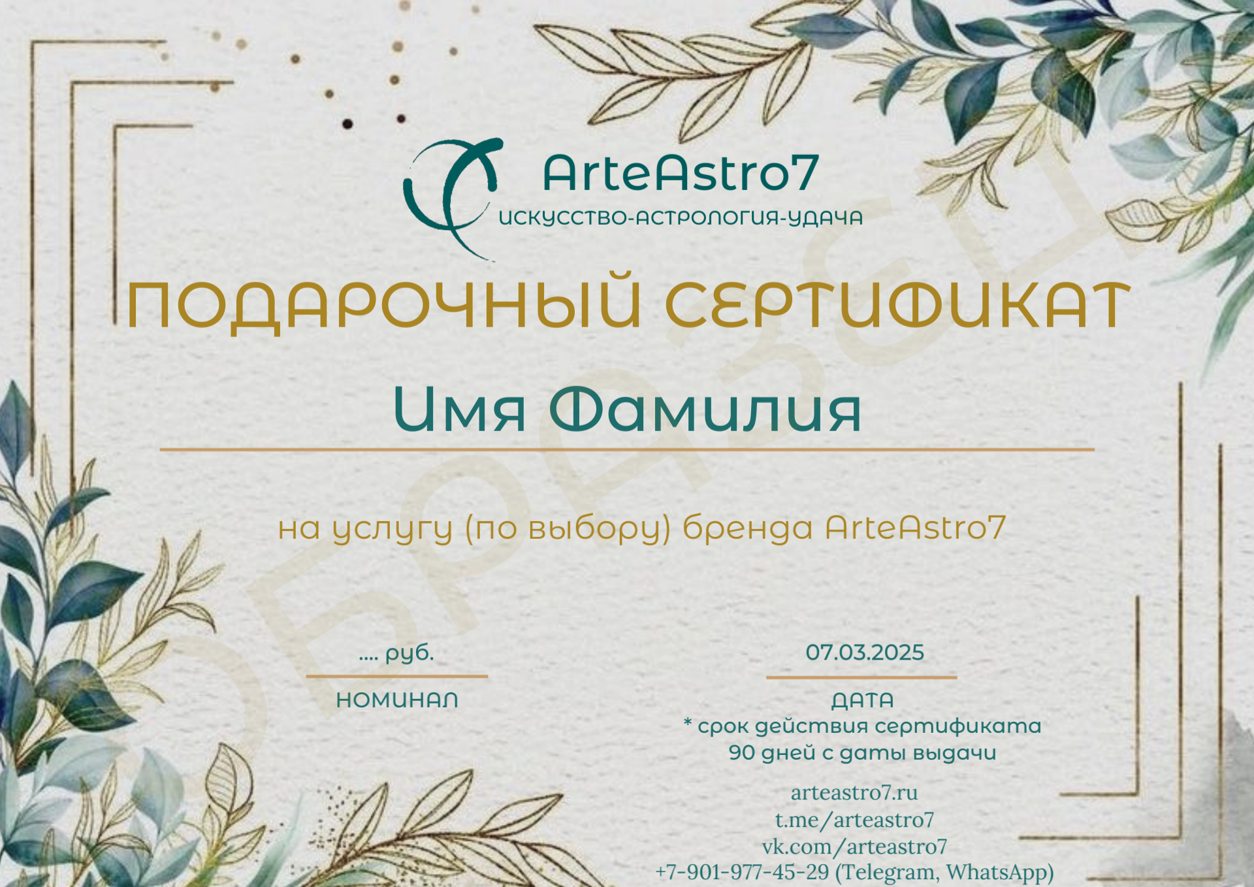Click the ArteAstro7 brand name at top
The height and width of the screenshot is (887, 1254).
coord(680,173)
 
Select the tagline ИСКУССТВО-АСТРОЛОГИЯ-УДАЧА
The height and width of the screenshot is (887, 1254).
coord(681,218)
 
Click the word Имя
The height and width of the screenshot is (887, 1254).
coord(460,410)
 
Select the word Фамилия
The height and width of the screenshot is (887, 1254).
coord(705,410)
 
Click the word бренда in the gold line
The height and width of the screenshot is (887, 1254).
coord(747,528)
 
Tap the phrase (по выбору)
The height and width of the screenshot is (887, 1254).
coord(568,529)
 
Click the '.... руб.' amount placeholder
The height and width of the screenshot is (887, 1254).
coord(396,653)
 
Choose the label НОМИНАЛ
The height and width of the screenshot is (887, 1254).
coord(397,700)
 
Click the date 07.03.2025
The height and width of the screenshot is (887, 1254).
coord(865,652)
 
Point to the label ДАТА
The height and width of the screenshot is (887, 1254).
coord(862,701)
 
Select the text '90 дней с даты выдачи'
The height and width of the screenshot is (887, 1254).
coord(862,753)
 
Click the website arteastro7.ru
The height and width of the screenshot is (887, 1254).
coord(854,792)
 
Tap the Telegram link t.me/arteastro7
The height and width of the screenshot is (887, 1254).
coord(854,819)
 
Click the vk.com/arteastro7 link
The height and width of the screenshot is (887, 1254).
coord(854,847)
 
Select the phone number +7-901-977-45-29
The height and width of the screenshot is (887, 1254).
coord(742,872)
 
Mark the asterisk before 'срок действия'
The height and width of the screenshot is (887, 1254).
coord(688,722)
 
